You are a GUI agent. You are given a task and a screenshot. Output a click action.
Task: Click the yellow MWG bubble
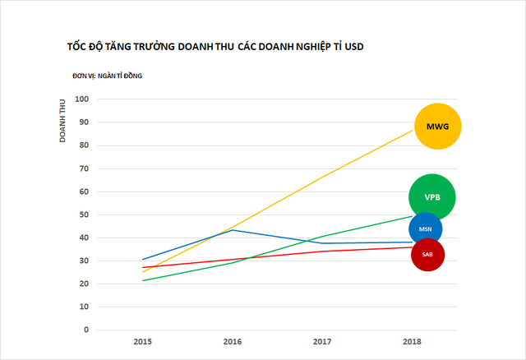[x=438, y=127]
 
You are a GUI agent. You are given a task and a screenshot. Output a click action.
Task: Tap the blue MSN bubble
[x=425, y=229]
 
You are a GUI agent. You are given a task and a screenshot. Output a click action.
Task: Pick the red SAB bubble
[x=427, y=255]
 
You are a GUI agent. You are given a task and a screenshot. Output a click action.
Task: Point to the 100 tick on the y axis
[x=81, y=99]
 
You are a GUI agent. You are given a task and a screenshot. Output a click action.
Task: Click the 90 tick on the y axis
[x=83, y=122]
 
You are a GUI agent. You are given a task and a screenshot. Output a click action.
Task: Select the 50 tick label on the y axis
[x=83, y=215]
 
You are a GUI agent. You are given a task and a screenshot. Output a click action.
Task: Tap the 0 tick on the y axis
[x=85, y=330]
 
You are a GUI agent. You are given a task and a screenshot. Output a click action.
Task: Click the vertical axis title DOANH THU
[x=62, y=120]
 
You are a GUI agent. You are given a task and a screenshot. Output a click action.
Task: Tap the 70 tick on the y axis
[x=83, y=168]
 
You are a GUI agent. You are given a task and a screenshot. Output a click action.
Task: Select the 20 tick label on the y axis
[x=83, y=284]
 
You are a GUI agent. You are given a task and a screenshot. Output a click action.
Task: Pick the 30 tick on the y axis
[x=83, y=261]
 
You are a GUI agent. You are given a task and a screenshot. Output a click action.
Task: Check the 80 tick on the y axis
[x=83, y=145]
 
